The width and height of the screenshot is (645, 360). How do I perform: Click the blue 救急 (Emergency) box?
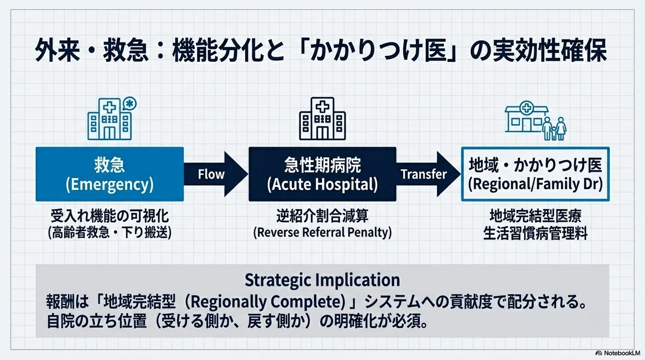(110, 174)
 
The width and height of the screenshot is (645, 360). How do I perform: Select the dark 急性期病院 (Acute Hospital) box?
(322, 174)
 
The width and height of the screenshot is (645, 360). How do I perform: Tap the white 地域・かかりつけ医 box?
(535, 174)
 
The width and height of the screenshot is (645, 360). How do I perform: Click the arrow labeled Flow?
(216, 174)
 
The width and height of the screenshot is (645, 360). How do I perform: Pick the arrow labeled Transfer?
(428, 174)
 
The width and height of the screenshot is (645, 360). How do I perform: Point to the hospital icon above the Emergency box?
(110, 119)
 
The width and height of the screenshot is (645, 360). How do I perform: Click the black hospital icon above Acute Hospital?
(322, 119)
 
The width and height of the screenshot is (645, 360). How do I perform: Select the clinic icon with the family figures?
(536, 120)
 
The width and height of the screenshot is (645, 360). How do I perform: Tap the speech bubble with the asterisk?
(130, 104)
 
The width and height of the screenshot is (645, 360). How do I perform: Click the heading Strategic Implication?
(322, 280)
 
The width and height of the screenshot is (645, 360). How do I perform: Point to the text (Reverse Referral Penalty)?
(322, 233)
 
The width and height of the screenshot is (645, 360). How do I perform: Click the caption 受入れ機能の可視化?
(110, 216)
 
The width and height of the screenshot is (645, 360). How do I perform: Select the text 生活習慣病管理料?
(535, 233)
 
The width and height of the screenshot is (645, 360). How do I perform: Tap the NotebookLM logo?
(618, 353)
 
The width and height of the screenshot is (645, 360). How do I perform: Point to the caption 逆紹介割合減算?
(322, 216)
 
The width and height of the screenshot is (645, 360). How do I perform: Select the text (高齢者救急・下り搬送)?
(110, 233)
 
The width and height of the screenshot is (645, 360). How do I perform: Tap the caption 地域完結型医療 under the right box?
(535, 216)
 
